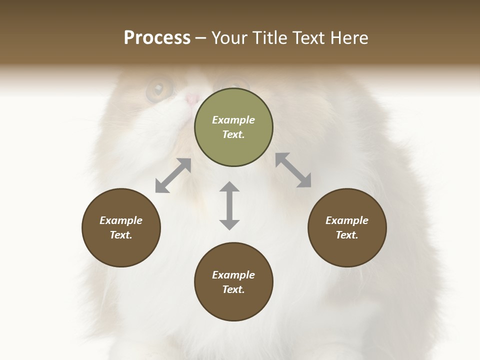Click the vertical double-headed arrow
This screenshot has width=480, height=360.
pyautogui.click(x=229, y=205)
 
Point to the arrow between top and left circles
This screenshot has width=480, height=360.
pyautogui.click(x=173, y=175)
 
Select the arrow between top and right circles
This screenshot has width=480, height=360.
pyautogui.click(x=293, y=170)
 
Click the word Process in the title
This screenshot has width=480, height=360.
pyautogui.click(x=157, y=38)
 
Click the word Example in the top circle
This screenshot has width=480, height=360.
pyautogui.click(x=233, y=120)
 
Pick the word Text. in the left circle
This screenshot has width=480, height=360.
pyautogui.click(x=121, y=235)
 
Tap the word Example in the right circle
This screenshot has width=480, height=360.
pyautogui.click(x=347, y=220)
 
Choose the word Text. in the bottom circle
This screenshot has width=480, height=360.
pyautogui.click(x=233, y=289)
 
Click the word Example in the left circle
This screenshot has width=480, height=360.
pyautogui.click(x=121, y=220)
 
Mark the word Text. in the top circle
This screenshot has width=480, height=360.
pyautogui.click(x=233, y=134)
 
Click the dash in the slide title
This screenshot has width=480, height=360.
pyautogui.click(x=201, y=38)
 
